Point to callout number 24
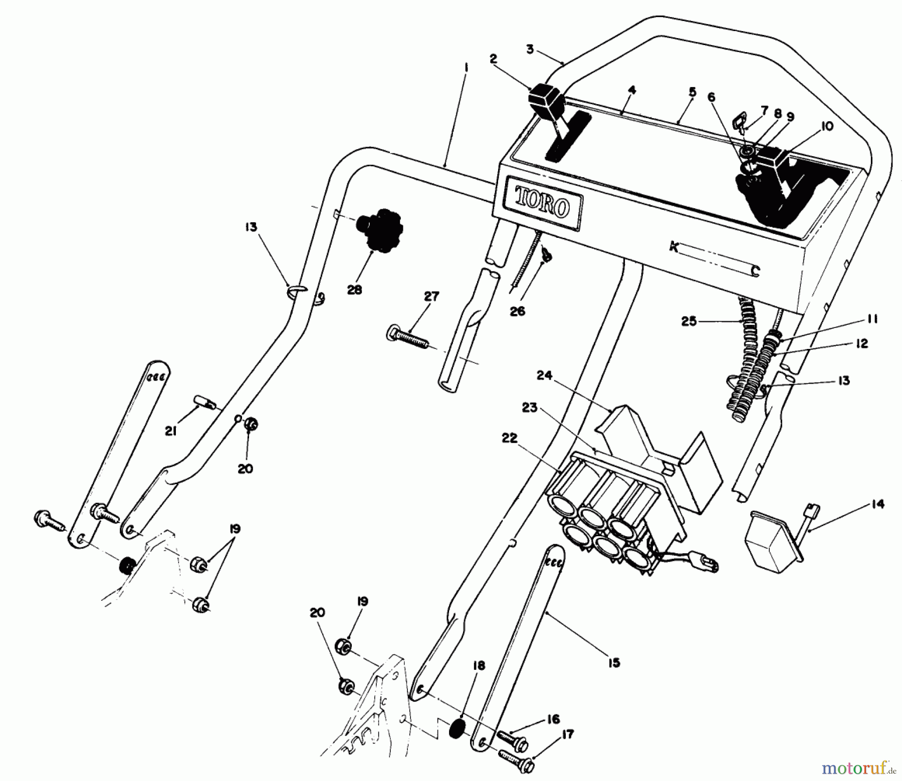(545, 375)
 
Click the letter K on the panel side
(674, 247)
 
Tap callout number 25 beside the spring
(689, 321)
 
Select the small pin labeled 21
(201, 402)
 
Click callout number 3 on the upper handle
(530, 50)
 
